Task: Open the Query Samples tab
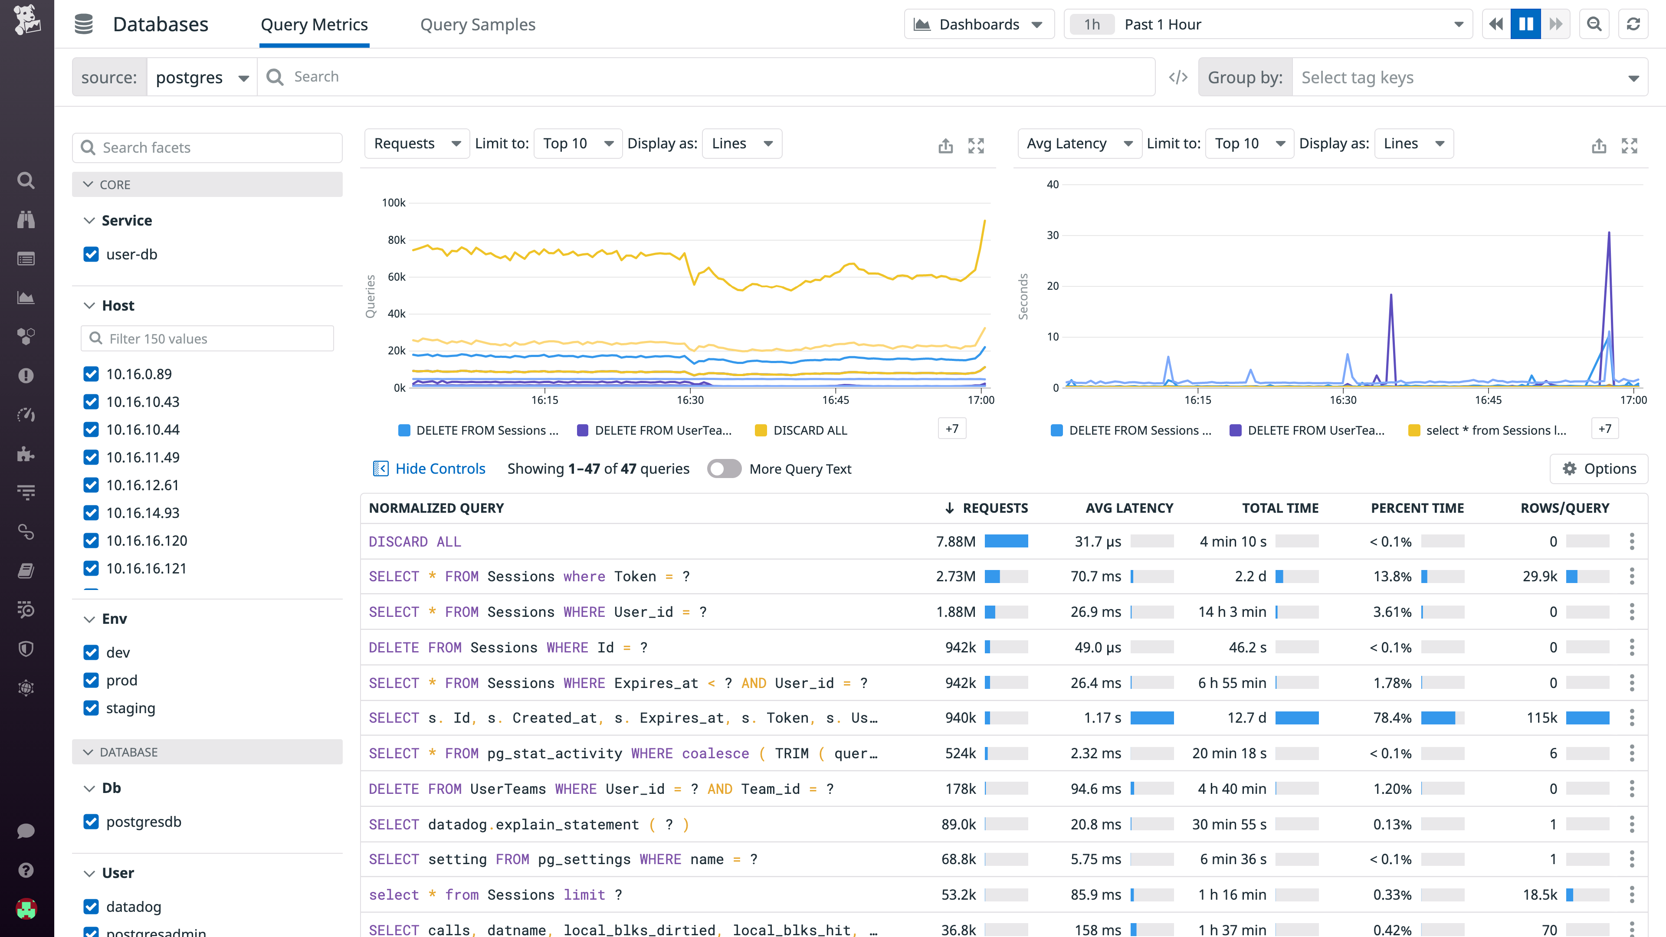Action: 477,25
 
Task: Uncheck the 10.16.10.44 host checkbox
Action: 91,429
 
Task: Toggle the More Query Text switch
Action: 724,469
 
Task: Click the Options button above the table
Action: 1599,469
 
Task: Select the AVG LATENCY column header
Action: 1129,508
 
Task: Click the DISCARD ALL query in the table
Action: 415,542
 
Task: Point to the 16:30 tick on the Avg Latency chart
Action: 1343,400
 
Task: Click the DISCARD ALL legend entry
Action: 810,431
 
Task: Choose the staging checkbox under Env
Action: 91,708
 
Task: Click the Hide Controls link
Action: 440,469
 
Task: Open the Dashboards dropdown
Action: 978,25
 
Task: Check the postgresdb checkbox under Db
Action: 91,822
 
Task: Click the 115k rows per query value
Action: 1542,718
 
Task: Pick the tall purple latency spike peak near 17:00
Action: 1609,233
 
